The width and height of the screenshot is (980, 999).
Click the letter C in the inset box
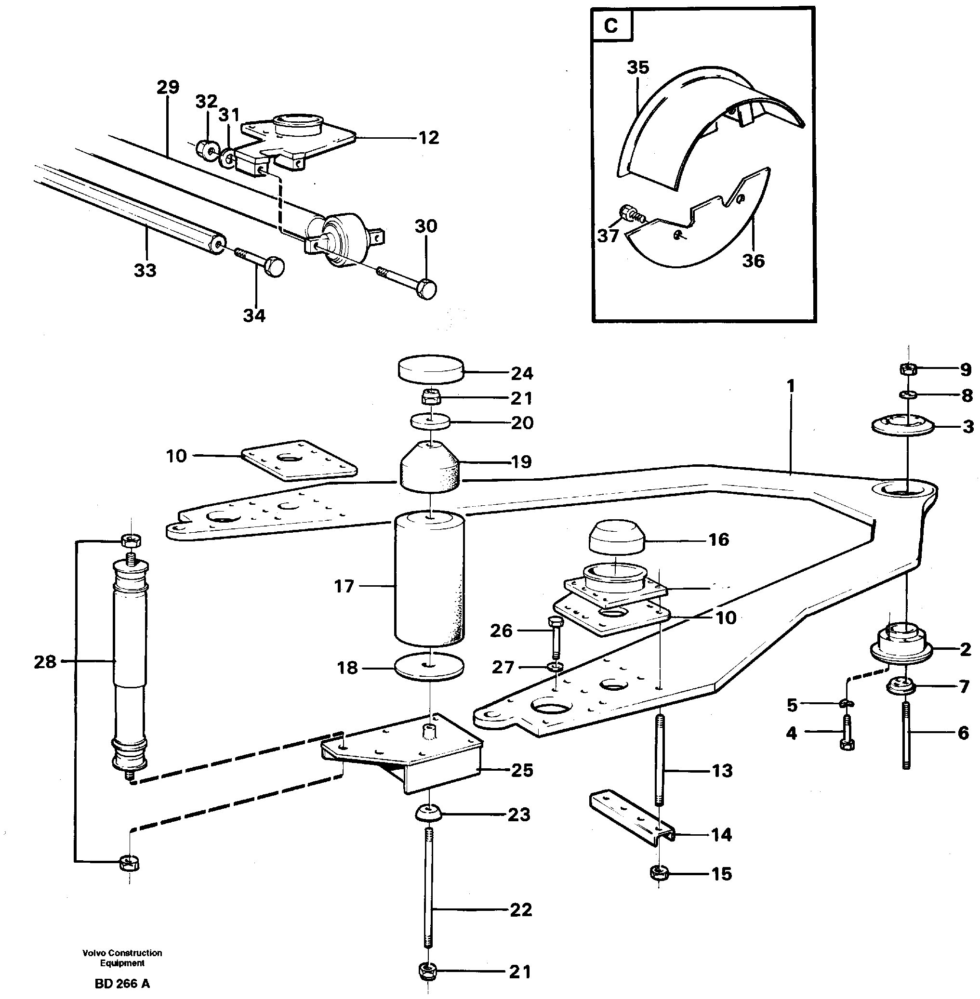pyautogui.click(x=610, y=25)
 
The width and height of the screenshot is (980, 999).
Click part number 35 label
pyautogui.click(x=638, y=67)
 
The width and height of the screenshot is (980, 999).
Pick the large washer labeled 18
pyautogui.click(x=429, y=667)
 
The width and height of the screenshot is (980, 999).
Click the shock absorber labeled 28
pyautogui.click(x=130, y=664)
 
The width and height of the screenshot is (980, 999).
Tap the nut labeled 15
pyautogui.click(x=658, y=873)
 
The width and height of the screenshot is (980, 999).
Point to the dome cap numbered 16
pyautogui.click(x=616, y=538)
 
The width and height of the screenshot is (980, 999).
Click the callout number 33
pyautogui.click(x=145, y=270)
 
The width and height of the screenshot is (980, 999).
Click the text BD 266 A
pyautogui.click(x=122, y=984)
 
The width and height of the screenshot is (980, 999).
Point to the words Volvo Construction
pyautogui.click(x=122, y=953)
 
